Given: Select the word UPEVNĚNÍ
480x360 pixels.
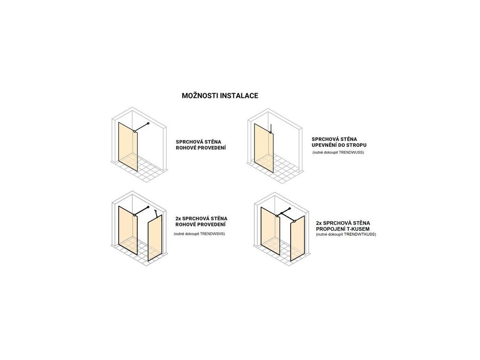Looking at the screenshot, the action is [x=327, y=146].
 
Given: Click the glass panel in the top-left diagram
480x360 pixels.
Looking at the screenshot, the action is [x=128, y=147].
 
